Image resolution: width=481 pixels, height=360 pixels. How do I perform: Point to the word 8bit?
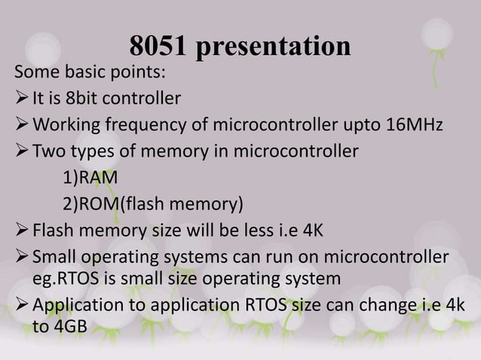(85, 98)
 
